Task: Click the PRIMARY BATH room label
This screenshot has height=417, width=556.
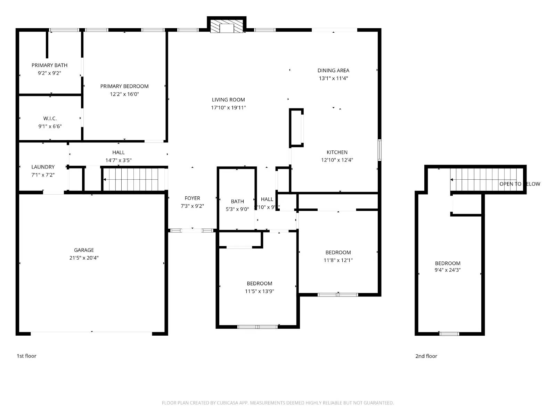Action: click(x=49, y=65)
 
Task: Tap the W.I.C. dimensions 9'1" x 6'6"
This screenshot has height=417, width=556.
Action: click(x=50, y=126)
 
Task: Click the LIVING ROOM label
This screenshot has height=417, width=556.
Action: click(x=228, y=100)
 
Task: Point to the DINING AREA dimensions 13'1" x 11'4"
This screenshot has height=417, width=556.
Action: click(x=333, y=79)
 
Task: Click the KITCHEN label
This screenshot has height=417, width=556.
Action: click(x=337, y=152)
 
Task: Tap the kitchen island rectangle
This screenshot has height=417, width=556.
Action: click(x=296, y=128)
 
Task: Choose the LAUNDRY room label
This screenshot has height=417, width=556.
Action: click(x=43, y=167)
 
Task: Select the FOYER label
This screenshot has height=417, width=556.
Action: click(x=192, y=198)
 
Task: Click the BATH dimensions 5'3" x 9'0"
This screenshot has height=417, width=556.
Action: click(x=237, y=209)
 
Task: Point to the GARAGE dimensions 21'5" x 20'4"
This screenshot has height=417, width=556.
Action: click(x=84, y=258)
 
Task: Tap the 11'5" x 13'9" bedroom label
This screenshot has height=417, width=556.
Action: click(x=260, y=284)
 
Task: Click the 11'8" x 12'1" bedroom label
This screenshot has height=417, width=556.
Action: click(x=338, y=253)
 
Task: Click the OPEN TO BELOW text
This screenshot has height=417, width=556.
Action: click(x=520, y=184)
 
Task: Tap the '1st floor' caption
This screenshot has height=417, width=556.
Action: click(x=26, y=356)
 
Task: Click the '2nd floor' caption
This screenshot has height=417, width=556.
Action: click(x=426, y=356)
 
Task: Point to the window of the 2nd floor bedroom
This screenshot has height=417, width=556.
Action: click(x=449, y=334)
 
